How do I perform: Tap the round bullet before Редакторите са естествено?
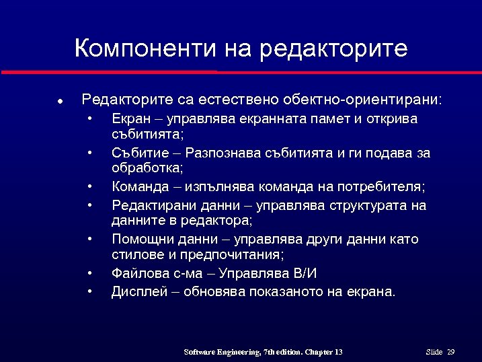[60, 102]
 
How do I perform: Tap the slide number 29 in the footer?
[451, 352]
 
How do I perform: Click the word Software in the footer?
[200, 352]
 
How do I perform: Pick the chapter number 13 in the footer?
[337, 352]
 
